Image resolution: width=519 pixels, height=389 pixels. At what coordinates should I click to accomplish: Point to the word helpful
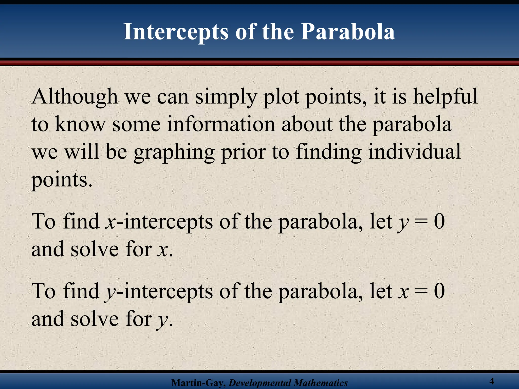click(x=445, y=97)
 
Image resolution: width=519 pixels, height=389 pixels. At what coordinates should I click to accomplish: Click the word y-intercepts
click(x=159, y=291)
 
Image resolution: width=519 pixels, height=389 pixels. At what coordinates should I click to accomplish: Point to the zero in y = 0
click(x=439, y=221)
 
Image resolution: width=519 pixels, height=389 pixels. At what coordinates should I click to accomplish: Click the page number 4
click(x=492, y=381)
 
